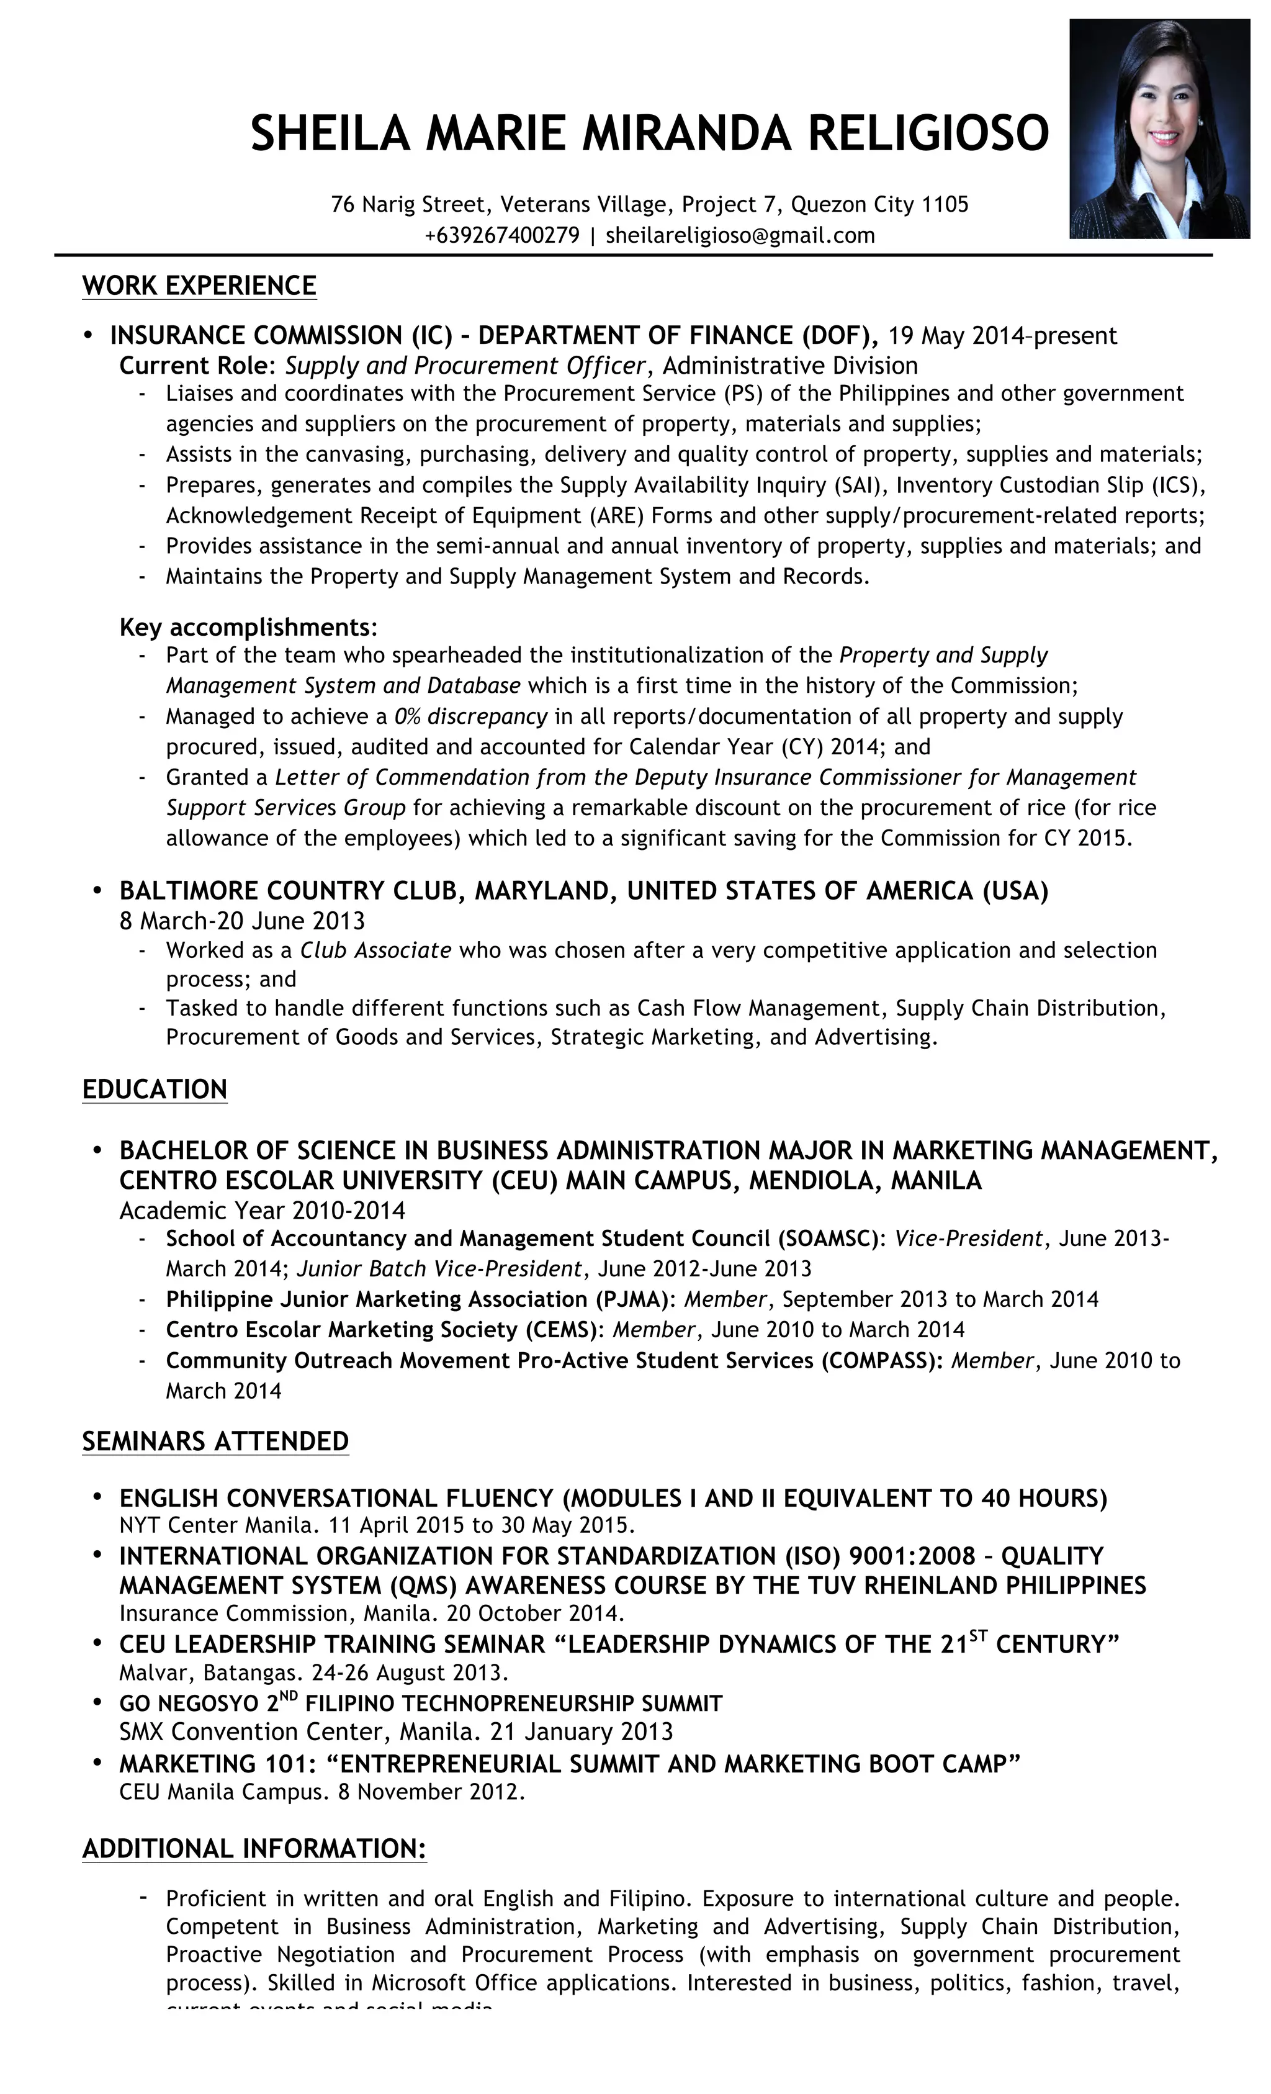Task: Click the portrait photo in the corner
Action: point(1158,129)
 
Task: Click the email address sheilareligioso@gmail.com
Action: point(739,235)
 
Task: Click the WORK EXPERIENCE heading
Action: point(199,286)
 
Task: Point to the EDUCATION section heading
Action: point(155,1090)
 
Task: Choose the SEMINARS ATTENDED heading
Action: point(215,1442)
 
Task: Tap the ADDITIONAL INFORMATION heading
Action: point(253,1849)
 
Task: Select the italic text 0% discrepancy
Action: point(470,716)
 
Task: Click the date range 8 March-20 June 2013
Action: point(241,921)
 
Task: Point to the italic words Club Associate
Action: point(375,950)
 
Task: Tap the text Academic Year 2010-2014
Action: point(262,1210)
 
